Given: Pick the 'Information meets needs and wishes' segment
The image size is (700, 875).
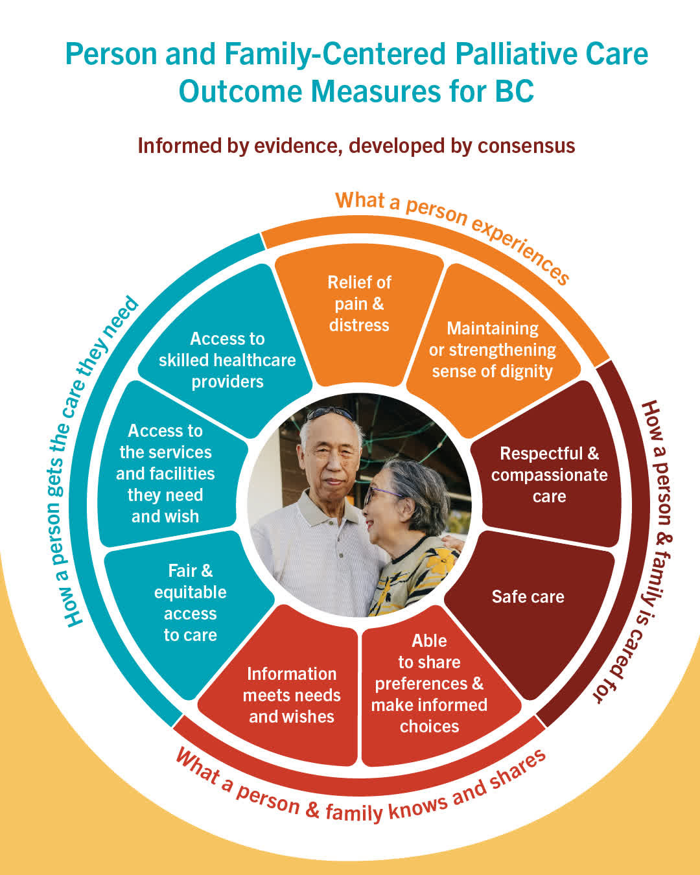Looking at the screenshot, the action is tap(285, 691).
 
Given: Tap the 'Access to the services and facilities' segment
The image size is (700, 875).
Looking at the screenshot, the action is tap(167, 467).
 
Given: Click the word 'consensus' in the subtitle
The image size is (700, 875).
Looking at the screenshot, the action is tap(526, 146).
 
